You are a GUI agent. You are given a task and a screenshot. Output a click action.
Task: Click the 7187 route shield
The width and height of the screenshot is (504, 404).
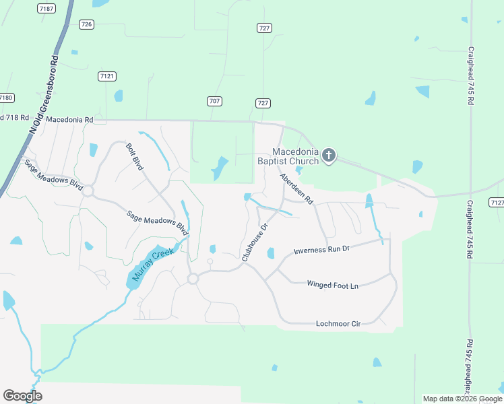click(x=46, y=8)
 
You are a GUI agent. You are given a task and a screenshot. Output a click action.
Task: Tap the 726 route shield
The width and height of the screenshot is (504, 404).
click(x=86, y=24)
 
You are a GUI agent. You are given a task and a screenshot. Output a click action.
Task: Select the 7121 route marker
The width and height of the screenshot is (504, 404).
click(x=106, y=76)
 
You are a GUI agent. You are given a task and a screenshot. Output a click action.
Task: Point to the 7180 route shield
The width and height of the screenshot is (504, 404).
click(x=6, y=98)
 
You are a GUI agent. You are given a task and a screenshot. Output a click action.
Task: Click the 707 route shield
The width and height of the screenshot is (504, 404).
click(x=214, y=101)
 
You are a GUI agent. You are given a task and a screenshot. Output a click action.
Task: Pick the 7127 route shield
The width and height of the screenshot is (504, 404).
click(x=497, y=203)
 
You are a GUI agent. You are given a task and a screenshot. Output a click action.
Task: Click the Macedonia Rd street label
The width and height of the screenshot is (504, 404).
click(x=69, y=119)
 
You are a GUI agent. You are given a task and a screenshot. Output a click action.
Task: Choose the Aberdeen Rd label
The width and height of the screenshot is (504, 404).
click(x=297, y=189)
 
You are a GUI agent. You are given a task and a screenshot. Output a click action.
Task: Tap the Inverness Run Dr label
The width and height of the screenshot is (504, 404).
click(x=321, y=250)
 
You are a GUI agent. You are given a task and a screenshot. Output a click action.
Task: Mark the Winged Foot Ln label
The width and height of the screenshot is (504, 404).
click(x=332, y=285)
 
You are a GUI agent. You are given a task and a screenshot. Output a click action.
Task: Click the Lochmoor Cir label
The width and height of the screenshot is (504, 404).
click(x=338, y=324)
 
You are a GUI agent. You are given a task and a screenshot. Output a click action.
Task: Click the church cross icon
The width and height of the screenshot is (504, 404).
click(x=329, y=156)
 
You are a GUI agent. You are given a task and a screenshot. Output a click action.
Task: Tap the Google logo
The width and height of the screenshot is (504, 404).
click(x=22, y=396)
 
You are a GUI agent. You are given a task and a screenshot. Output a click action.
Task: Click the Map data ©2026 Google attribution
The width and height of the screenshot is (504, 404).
click(x=460, y=399)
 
